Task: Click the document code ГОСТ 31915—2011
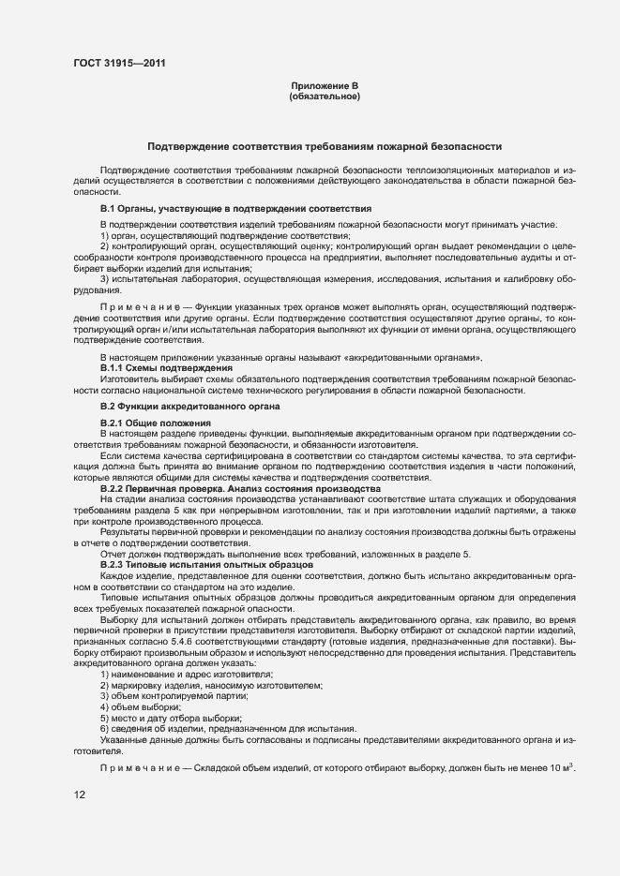coord(122,64)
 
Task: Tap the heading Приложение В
coord(325,86)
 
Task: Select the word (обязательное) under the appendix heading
coord(325,97)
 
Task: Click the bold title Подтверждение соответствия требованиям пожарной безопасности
coord(325,147)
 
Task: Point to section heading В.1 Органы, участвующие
coord(235,208)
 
